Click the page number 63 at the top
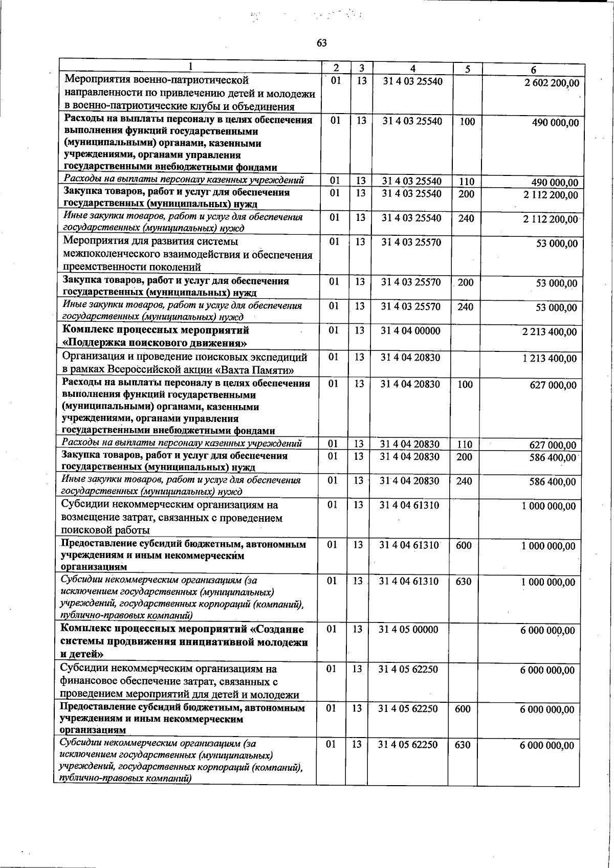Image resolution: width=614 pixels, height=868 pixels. point(321,43)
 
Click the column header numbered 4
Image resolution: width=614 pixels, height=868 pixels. point(412,69)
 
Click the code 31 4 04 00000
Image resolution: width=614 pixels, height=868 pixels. point(410,331)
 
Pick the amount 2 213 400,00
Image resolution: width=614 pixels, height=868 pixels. point(549,332)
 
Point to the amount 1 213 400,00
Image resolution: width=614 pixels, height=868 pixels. point(549,359)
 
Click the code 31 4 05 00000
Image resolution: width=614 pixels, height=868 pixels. point(408,630)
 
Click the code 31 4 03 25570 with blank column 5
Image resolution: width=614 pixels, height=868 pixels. point(411,241)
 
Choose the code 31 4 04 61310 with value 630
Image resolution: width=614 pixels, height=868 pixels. point(409,582)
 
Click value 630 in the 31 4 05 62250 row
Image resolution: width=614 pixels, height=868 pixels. point(462,745)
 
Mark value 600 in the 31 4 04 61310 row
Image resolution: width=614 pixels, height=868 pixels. point(463,546)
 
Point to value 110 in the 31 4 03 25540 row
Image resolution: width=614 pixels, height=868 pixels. point(467,182)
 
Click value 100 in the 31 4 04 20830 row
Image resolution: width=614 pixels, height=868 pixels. point(465,385)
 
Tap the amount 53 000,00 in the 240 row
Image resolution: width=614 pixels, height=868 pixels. point(556,308)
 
